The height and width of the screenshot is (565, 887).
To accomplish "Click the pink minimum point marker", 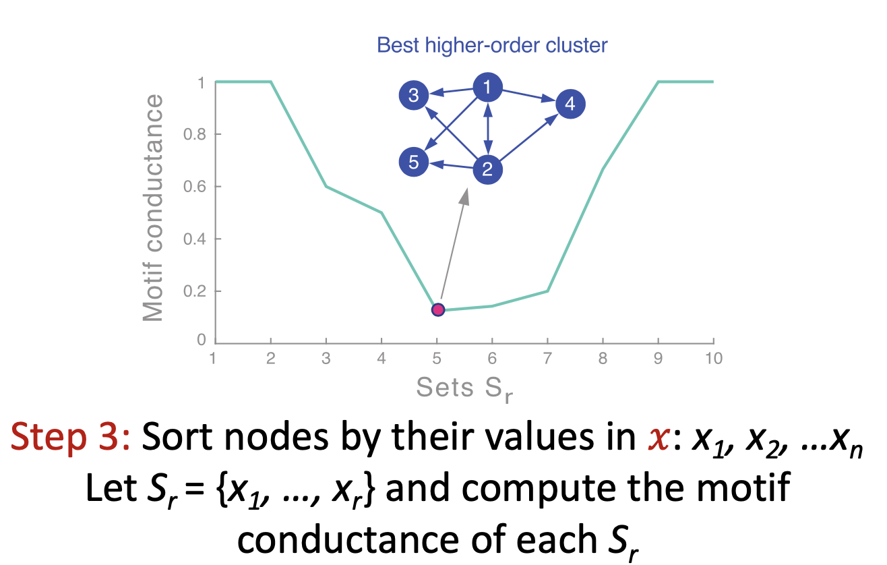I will point(438,309).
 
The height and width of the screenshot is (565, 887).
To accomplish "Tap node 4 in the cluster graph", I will point(570,104).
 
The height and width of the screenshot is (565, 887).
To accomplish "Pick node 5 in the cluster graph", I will point(415,162).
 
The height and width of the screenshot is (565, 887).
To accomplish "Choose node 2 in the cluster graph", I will point(487,169).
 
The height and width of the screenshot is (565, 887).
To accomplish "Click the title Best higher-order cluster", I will point(492,45).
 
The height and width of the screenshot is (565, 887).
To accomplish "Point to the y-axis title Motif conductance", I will point(154,208).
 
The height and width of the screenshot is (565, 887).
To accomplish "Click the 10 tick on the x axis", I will point(714,358).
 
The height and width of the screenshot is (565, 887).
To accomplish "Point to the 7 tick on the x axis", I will point(547,358).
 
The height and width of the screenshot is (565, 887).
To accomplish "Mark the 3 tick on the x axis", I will point(326,358).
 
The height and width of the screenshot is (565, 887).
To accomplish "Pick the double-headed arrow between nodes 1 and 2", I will point(487,128).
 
